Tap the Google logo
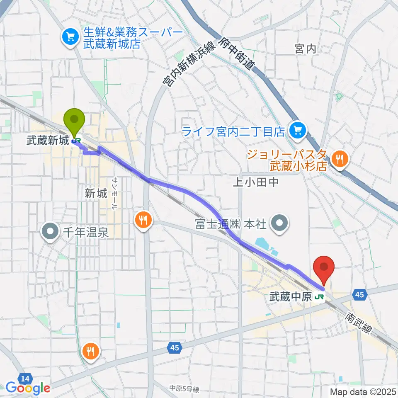point(28,388)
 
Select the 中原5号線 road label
point(184,388)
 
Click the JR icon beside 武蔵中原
point(319,296)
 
